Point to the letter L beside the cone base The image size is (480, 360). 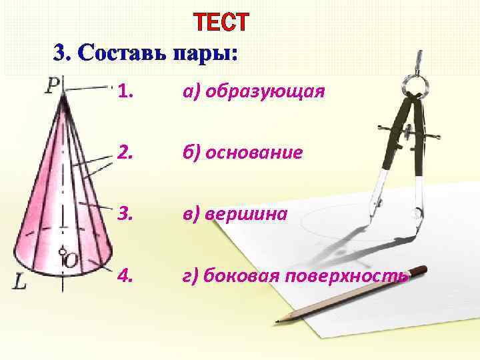point(20,283)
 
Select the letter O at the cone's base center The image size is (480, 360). point(70,261)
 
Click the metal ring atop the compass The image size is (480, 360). point(415,83)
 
